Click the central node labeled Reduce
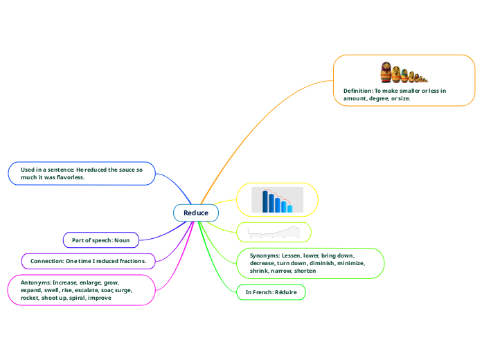tap(196, 213)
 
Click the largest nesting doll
tap(386, 72)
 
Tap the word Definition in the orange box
tap(357, 91)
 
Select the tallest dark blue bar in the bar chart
tap(265, 201)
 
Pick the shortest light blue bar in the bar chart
tap(290, 208)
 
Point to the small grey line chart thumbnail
tap(274, 232)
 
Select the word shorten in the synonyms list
tap(306, 271)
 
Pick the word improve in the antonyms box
tap(99, 298)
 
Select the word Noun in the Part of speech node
tap(121, 240)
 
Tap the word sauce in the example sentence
tap(122, 170)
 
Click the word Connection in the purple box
tap(46, 261)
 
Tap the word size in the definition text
tap(403, 98)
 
